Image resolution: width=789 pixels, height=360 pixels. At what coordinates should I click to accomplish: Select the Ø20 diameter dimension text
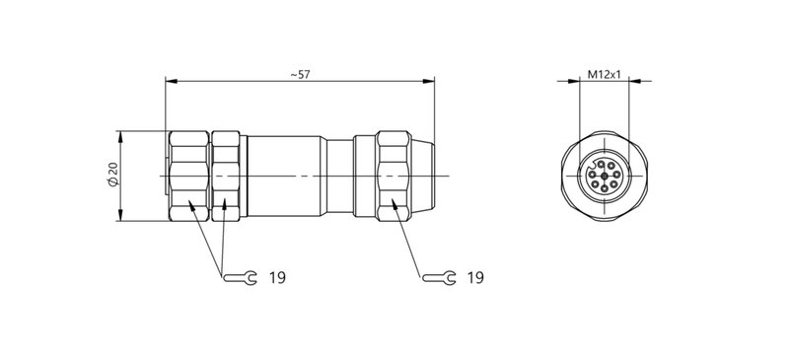pos(111,176)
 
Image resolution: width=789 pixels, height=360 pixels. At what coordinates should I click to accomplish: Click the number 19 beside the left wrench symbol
pos(277,279)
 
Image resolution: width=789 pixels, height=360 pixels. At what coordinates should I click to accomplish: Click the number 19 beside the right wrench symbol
pos(475,279)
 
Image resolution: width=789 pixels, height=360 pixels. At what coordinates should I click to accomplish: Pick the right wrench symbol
pos(440,279)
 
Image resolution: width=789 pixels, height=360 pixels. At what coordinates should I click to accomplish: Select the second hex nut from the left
pos(227,176)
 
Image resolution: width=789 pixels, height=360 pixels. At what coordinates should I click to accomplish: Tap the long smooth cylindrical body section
pos(286,176)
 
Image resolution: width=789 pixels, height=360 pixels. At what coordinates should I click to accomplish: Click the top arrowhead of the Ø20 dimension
pos(120,134)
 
